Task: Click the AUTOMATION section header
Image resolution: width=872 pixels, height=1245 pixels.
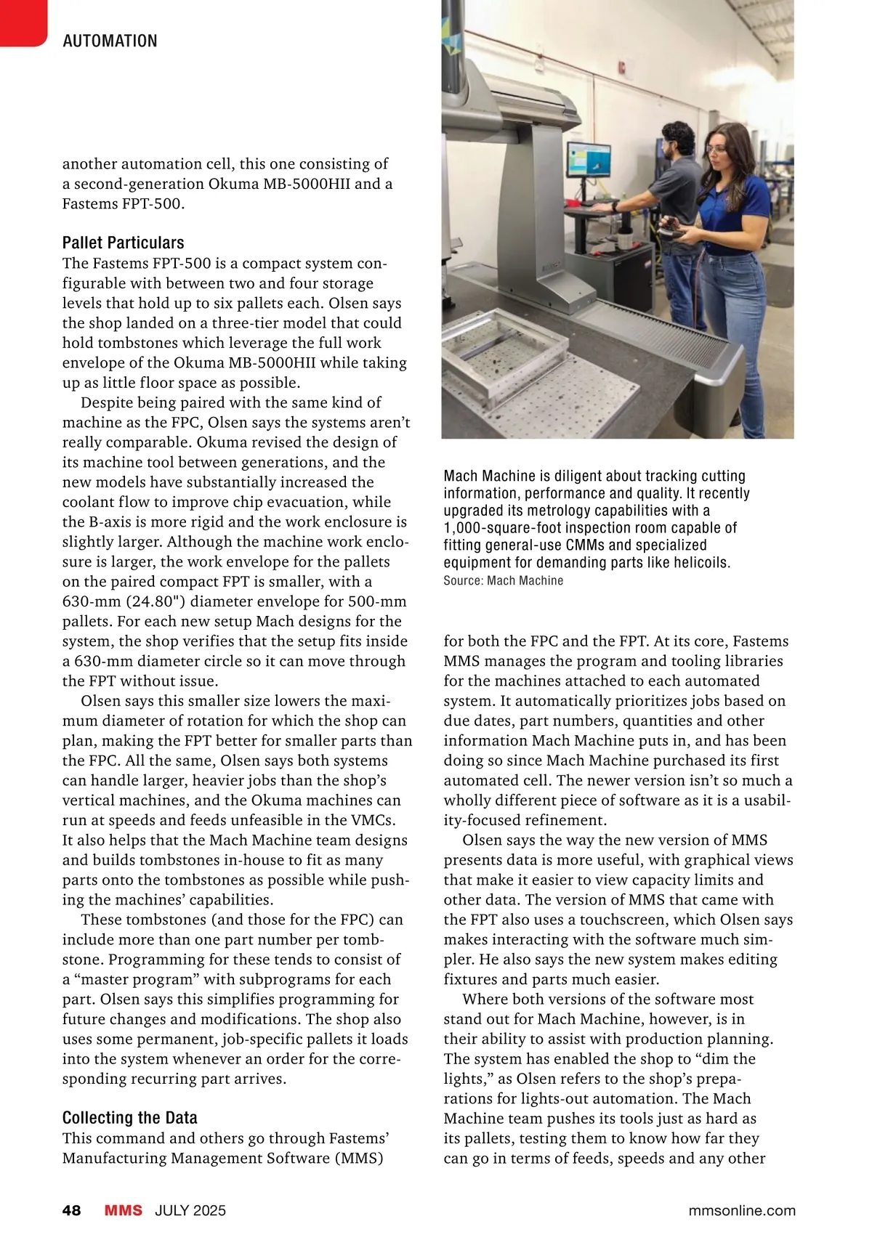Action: pyautogui.click(x=110, y=41)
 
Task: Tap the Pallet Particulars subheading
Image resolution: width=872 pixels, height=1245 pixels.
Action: pyautogui.click(x=123, y=243)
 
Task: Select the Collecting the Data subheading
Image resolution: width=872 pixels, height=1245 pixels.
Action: pyautogui.click(x=129, y=1118)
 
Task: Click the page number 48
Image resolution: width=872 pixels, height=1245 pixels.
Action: pyautogui.click(x=71, y=1210)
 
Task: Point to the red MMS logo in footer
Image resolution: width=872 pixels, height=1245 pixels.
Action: pyautogui.click(x=123, y=1210)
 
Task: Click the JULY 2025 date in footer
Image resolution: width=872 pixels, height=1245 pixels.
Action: pyautogui.click(x=190, y=1210)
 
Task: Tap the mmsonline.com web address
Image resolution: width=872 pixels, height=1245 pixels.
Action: pyautogui.click(x=741, y=1210)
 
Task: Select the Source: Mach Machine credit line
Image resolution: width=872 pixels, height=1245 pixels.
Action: pyautogui.click(x=503, y=580)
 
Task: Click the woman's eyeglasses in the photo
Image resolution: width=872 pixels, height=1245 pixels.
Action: pyautogui.click(x=716, y=150)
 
